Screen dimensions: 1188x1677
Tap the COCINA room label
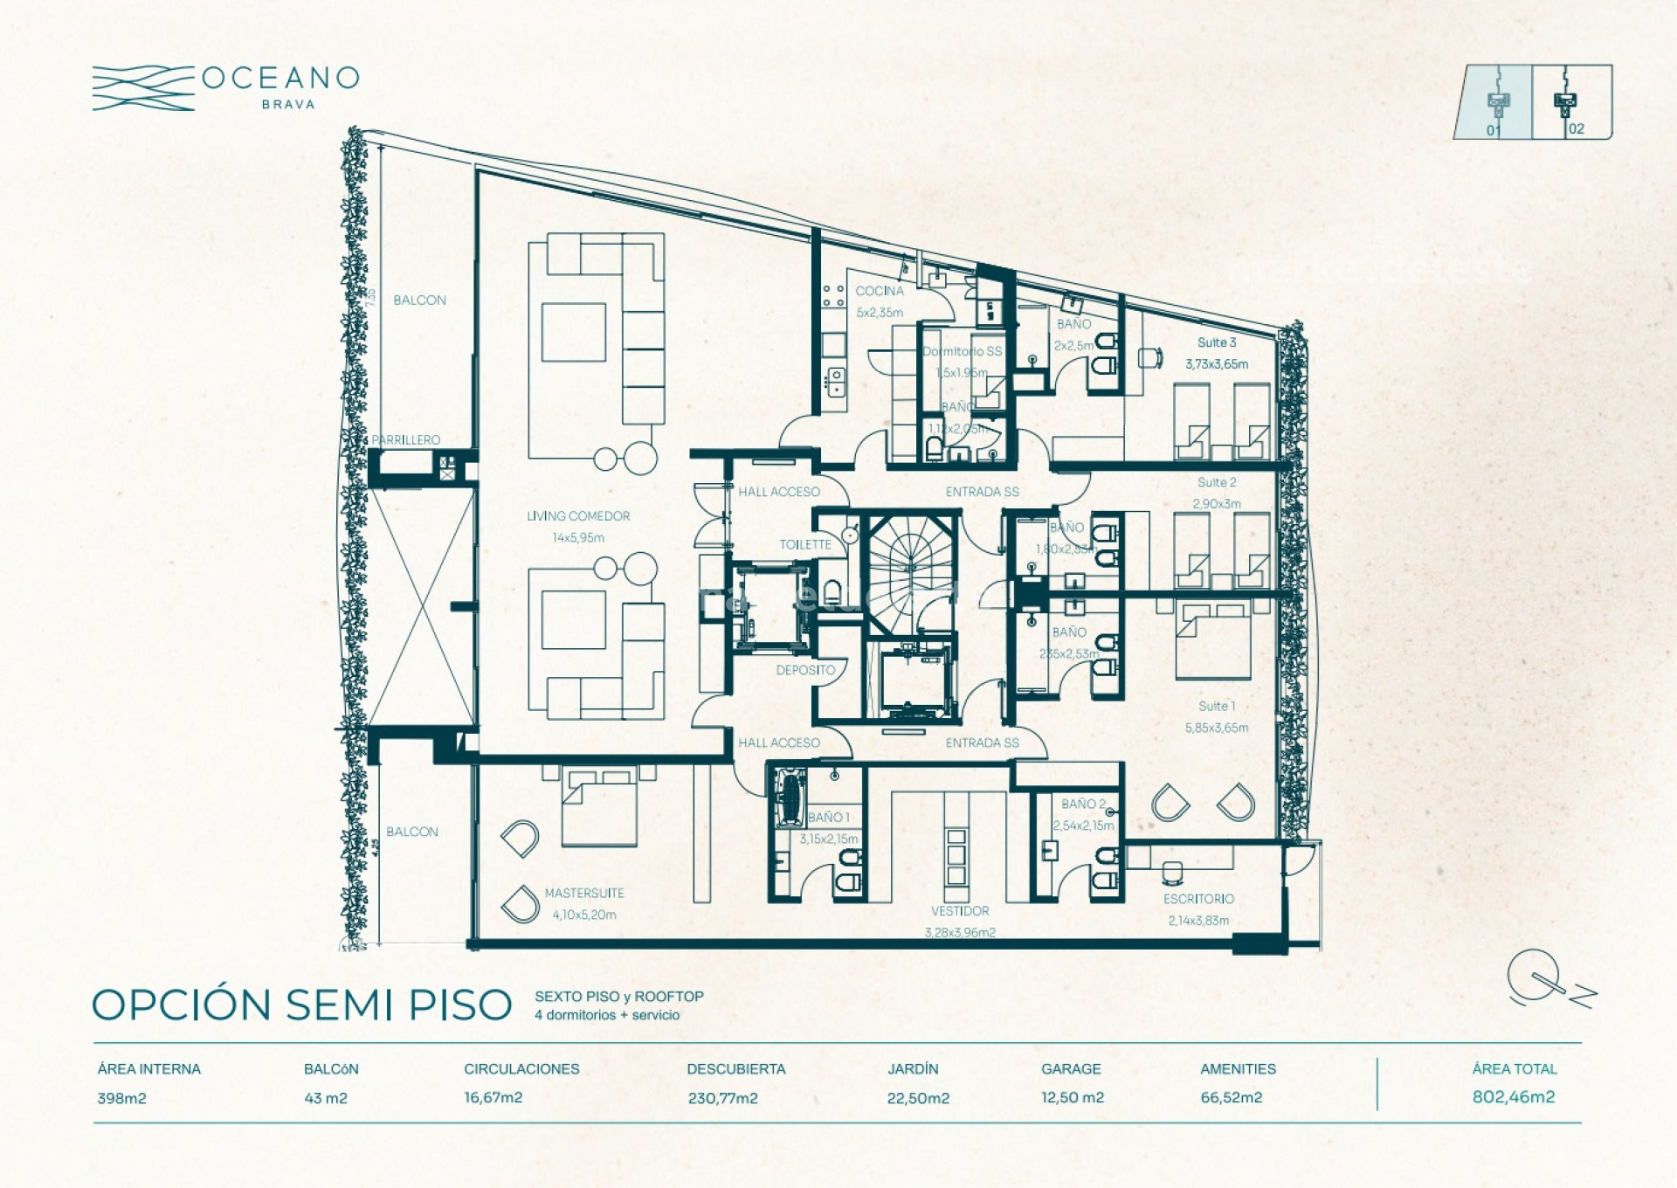pyautogui.click(x=879, y=291)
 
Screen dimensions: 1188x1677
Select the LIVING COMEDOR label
pyautogui.click(x=577, y=516)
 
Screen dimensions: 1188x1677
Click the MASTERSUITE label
pyautogui.click(x=583, y=893)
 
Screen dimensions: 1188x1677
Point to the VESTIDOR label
pyautogui.click(x=959, y=910)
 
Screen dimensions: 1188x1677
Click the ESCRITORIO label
pyautogui.click(x=1197, y=899)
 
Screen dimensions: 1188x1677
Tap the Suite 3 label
pyautogui.click(x=1216, y=342)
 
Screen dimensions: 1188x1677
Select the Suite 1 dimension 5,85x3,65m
pyautogui.click(x=1216, y=728)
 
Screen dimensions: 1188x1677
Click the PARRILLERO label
pyautogui.click(x=405, y=439)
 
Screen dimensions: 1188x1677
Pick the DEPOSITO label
pyautogui.click(x=804, y=670)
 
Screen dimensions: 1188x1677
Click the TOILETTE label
pyautogui.click(x=804, y=544)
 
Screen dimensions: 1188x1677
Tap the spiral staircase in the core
pyautogui.click(x=911, y=568)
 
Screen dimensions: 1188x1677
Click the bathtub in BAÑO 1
pyautogui.click(x=790, y=797)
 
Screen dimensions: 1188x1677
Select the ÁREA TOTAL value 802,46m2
pyautogui.click(x=1513, y=1097)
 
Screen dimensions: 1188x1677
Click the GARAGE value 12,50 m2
pyautogui.click(x=1072, y=1098)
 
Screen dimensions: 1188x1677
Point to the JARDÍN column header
pyautogui.click(x=912, y=1069)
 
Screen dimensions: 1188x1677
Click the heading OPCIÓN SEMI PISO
pyautogui.click(x=301, y=1005)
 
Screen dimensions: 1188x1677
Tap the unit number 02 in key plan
pyautogui.click(x=1576, y=129)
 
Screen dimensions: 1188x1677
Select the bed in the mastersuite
pyautogui.click(x=598, y=808)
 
